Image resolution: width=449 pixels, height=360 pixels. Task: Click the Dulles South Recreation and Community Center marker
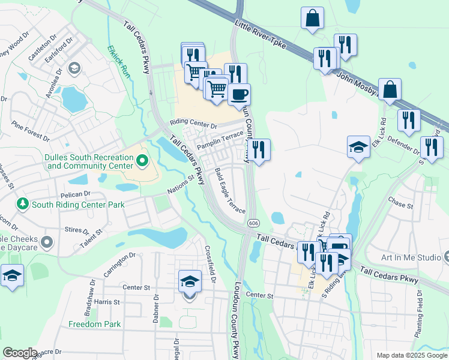point(142,161)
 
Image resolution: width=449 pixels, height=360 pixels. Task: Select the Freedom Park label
point(94,324)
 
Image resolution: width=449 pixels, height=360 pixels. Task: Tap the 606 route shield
point(252,223)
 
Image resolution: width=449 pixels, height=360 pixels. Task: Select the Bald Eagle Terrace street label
point(230,191)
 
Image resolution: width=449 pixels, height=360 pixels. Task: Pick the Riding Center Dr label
point(193,123)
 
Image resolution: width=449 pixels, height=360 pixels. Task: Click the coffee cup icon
point(240,94)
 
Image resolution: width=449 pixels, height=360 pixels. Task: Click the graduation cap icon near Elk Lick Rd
point(358,146)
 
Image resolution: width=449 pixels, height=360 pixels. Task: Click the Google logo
point(20,353)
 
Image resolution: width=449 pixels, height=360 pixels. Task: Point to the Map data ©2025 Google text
point(411,355)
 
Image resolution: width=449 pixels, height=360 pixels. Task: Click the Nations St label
point(182,185)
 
